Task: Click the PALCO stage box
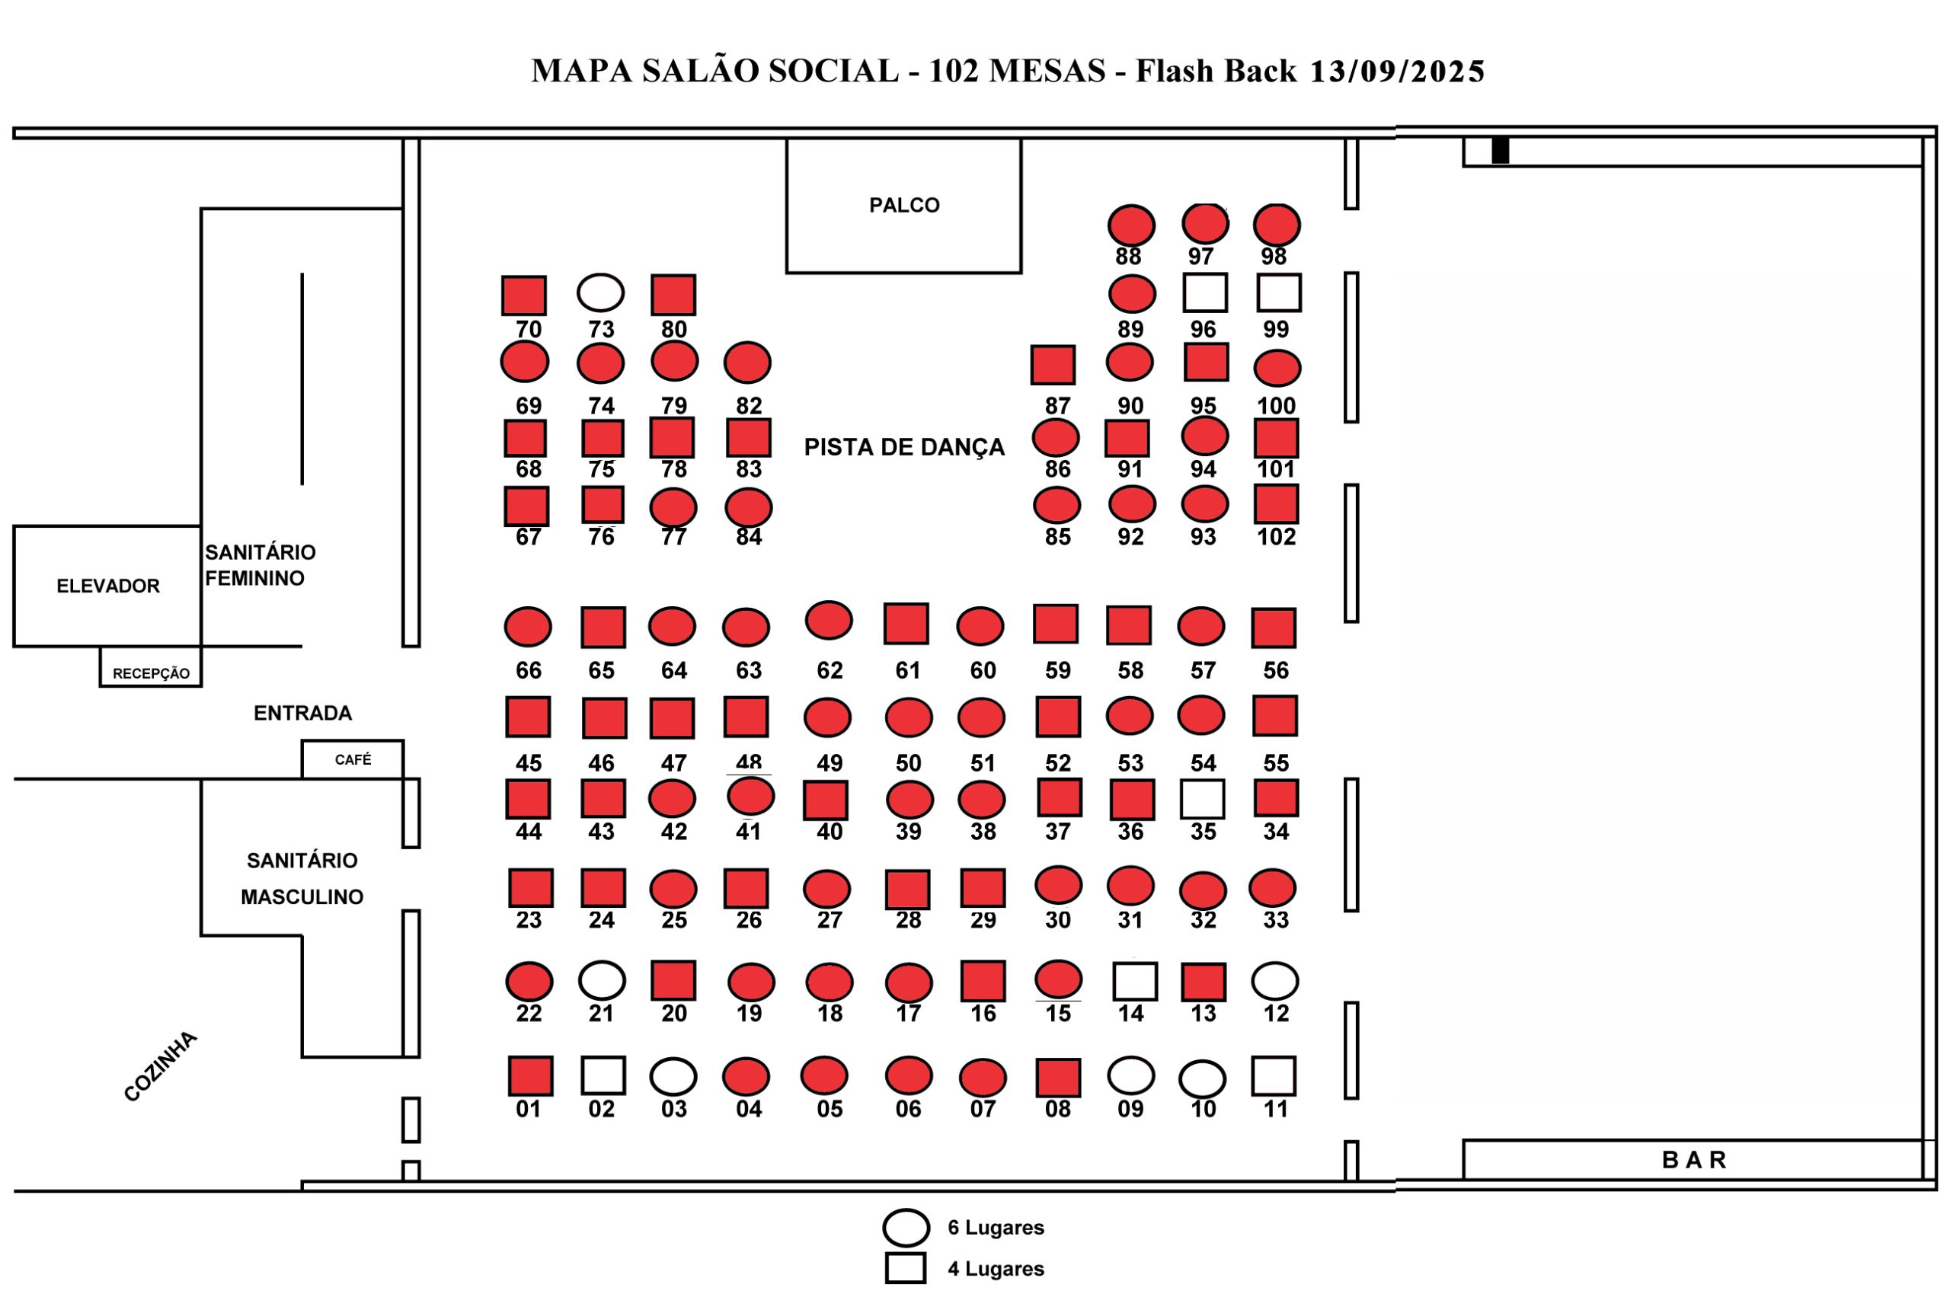point(903,206)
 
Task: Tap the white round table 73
point(600,292)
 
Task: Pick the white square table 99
point(1278,292)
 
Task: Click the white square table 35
point(1201,799)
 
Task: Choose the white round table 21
point(602,980)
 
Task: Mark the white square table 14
point(1134,981)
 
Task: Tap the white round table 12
point(1274,980)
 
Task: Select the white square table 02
point(603,1075)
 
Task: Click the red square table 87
point(1052,365)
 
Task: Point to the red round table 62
point(828,620)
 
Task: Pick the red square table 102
point(1275,504)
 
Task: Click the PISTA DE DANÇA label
point(903,447)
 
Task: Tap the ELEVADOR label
point(108,586)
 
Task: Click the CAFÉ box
point(353,759)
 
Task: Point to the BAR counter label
point(1693,1159)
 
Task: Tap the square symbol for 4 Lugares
point(905,1267)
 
